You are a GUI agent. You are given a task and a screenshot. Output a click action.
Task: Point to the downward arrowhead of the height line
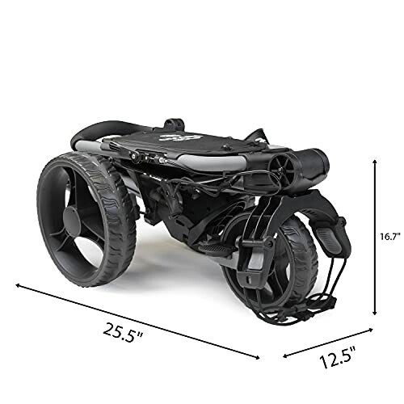pyautogui.click(x=374, y=314)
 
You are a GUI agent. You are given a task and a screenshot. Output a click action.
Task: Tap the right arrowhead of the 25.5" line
pyautogui.click(x=258, y=355)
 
